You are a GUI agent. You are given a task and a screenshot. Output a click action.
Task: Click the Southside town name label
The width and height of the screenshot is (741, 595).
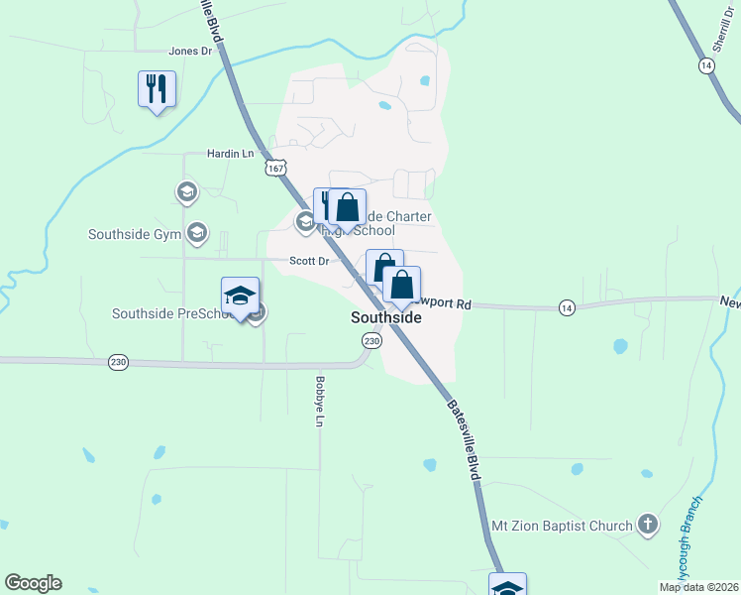pyautogui.click(x=386, y=318)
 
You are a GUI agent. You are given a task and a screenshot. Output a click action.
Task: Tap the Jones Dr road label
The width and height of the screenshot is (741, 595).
pyautogui.click(x=191, y=51)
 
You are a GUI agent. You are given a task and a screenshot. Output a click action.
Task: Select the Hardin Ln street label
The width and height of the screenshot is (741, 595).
pyautogui.click(x=230, y=154)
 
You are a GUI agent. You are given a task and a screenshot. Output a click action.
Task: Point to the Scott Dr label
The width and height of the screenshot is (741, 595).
pyautogui.click(x=308, y=261)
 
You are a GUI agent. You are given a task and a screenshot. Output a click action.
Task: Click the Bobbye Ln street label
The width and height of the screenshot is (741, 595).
pyautogui.click(x=319, y=401)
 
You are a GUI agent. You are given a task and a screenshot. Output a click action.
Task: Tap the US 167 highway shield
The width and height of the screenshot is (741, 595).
pyautogui.click(x=276, y=169)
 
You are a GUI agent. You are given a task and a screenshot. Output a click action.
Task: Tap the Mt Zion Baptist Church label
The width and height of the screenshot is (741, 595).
pyautogui.click(x=563, y=525)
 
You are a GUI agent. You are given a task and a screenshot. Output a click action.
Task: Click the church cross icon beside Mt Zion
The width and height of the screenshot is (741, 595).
pyautogui.click(x=648, y=525)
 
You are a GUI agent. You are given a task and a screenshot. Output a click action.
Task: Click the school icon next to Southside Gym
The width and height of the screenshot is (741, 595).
pyautogui.click(x=197, y=233)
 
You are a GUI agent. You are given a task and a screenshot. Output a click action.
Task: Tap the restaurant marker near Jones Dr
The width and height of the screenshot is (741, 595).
pyautogui.click(x=157, y=89)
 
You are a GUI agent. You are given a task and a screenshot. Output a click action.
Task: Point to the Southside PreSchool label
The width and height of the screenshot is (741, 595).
pyautogui.click(x=172, y=314)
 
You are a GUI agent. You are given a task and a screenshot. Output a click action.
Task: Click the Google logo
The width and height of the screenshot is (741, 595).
pyautogui.click(x=33, y=583)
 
